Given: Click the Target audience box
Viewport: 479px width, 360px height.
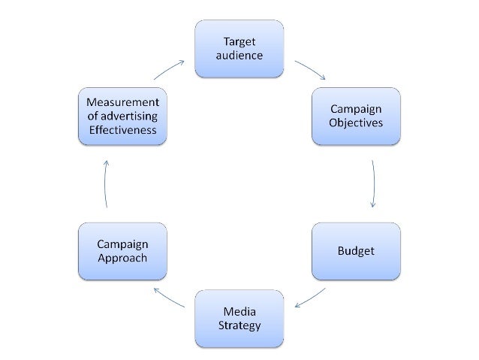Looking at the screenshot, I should (x=239, y=48).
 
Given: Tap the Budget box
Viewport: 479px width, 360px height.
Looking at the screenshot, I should (x=356, y=250).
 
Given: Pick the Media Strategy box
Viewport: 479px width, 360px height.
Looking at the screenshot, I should (x=239, y=319).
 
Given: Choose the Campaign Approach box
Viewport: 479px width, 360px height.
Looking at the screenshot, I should (x=122, y=251).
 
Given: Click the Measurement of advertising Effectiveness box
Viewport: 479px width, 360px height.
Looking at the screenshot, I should (x=122, y=116).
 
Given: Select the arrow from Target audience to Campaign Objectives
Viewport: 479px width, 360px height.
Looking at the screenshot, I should (x=310, y=69).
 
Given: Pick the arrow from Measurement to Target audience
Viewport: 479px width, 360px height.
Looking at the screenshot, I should (x=169, y=70).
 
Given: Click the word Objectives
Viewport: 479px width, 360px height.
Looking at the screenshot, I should (x=356, y=122).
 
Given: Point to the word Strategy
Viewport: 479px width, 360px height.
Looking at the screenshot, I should (x=239, y=326).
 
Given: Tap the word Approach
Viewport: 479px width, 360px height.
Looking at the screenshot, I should (x=122, y=258).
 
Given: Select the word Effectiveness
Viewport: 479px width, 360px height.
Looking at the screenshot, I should (x=122, y=129).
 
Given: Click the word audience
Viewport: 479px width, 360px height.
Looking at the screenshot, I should (x=239, y=55).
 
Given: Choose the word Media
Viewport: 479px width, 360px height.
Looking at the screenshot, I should (x=239, y=312).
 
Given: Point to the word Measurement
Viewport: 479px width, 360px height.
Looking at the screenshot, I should (x=122, y=102).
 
